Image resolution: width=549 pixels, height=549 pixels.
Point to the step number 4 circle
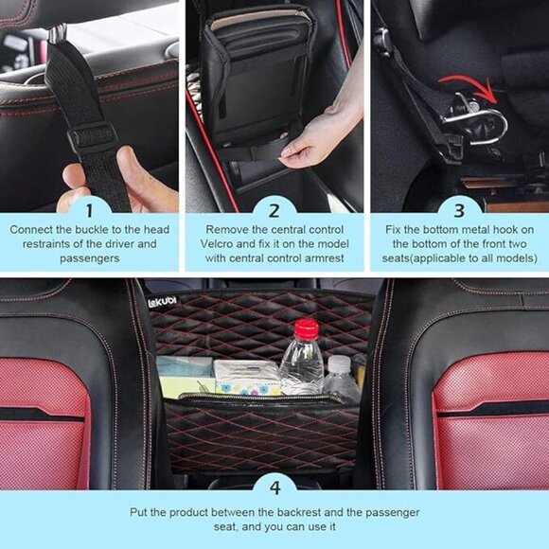point(274,488)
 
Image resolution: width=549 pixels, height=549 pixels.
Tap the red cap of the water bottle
point(305,329)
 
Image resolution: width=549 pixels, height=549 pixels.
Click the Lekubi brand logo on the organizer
point(162,301)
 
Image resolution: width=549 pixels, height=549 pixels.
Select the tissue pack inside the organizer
point(245,377)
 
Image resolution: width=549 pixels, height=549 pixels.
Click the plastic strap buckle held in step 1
point(92,139)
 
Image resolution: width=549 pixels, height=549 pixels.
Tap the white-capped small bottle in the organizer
point(339,377)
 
